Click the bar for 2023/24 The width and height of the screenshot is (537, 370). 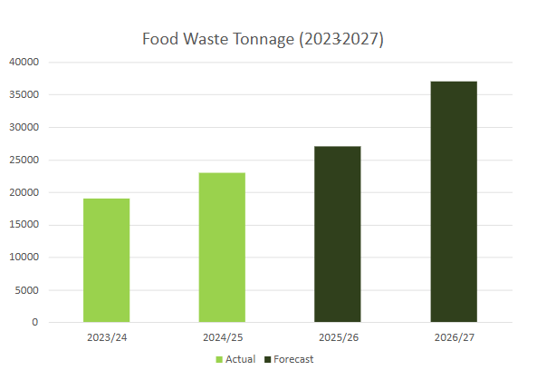pyautogui.click(x=106, y=260)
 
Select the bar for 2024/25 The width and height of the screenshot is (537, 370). pyautogui.click(x=222, y=248)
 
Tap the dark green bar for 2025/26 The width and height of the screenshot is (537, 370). pyautogui.click(x=338, y=234)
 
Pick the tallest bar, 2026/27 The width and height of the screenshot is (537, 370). pyautogui.click(x=454, y=201)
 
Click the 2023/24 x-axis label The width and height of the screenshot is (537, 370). pyautogui.click(x=106, y=337)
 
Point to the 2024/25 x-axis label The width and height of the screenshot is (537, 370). pyautogui.click(x=222, y=337)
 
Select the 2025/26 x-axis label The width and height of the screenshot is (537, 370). pyautogui.click(x=338, y=337)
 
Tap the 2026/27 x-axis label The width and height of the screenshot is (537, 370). pyautogui.click(x=454, y=337)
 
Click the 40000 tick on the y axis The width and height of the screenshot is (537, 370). pyautogui.click(x=24, y=62)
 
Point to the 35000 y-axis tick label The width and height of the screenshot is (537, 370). pyautogui.click(x=24, y=94)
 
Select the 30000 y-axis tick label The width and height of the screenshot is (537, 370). pyautogui.click(x=24, y=127)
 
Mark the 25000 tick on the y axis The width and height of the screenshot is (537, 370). pyautogui.click(x=24, y=160)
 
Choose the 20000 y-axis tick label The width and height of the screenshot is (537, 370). pyautogui.click(x=24, y=192)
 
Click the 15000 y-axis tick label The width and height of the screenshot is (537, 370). pyautogui.click(x=24, y=225)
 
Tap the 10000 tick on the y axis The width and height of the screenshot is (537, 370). pyautogui.click(x=24, y=258)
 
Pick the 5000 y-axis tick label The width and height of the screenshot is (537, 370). pyautogui.click(x=26, y=290)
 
